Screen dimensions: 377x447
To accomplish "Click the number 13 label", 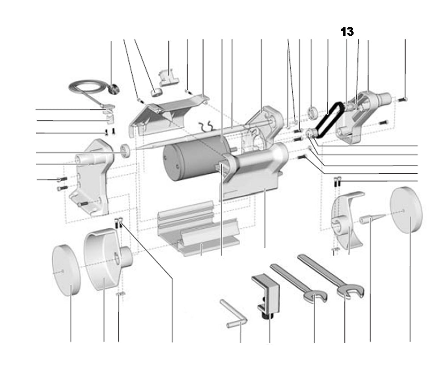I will click(347, 32).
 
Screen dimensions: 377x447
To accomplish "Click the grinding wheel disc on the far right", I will click(406, 210).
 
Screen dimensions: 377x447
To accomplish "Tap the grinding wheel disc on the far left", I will click(66, 270).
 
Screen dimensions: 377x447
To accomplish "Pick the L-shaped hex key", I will click(235, 314).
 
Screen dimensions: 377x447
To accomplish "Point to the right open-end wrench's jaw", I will click(351, 292).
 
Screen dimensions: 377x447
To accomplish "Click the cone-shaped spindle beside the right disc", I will click(371, 219).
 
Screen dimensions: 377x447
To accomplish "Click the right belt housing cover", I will click(360, 116).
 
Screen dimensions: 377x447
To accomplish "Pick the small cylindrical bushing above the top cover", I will click(156, 92).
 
